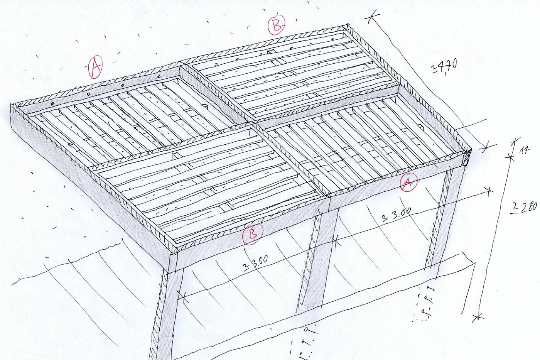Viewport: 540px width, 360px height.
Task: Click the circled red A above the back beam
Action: coord(95,67)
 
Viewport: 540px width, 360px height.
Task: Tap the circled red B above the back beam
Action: coord(277,25)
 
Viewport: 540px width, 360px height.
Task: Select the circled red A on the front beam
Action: coord(408,182)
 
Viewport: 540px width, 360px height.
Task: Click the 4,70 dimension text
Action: coord(444,67)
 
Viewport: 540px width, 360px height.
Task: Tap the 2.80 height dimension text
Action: coord(524,208)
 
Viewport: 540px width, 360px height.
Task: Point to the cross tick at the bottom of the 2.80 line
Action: coord(478,318)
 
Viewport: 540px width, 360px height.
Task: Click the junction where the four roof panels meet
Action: coord(254,125)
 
